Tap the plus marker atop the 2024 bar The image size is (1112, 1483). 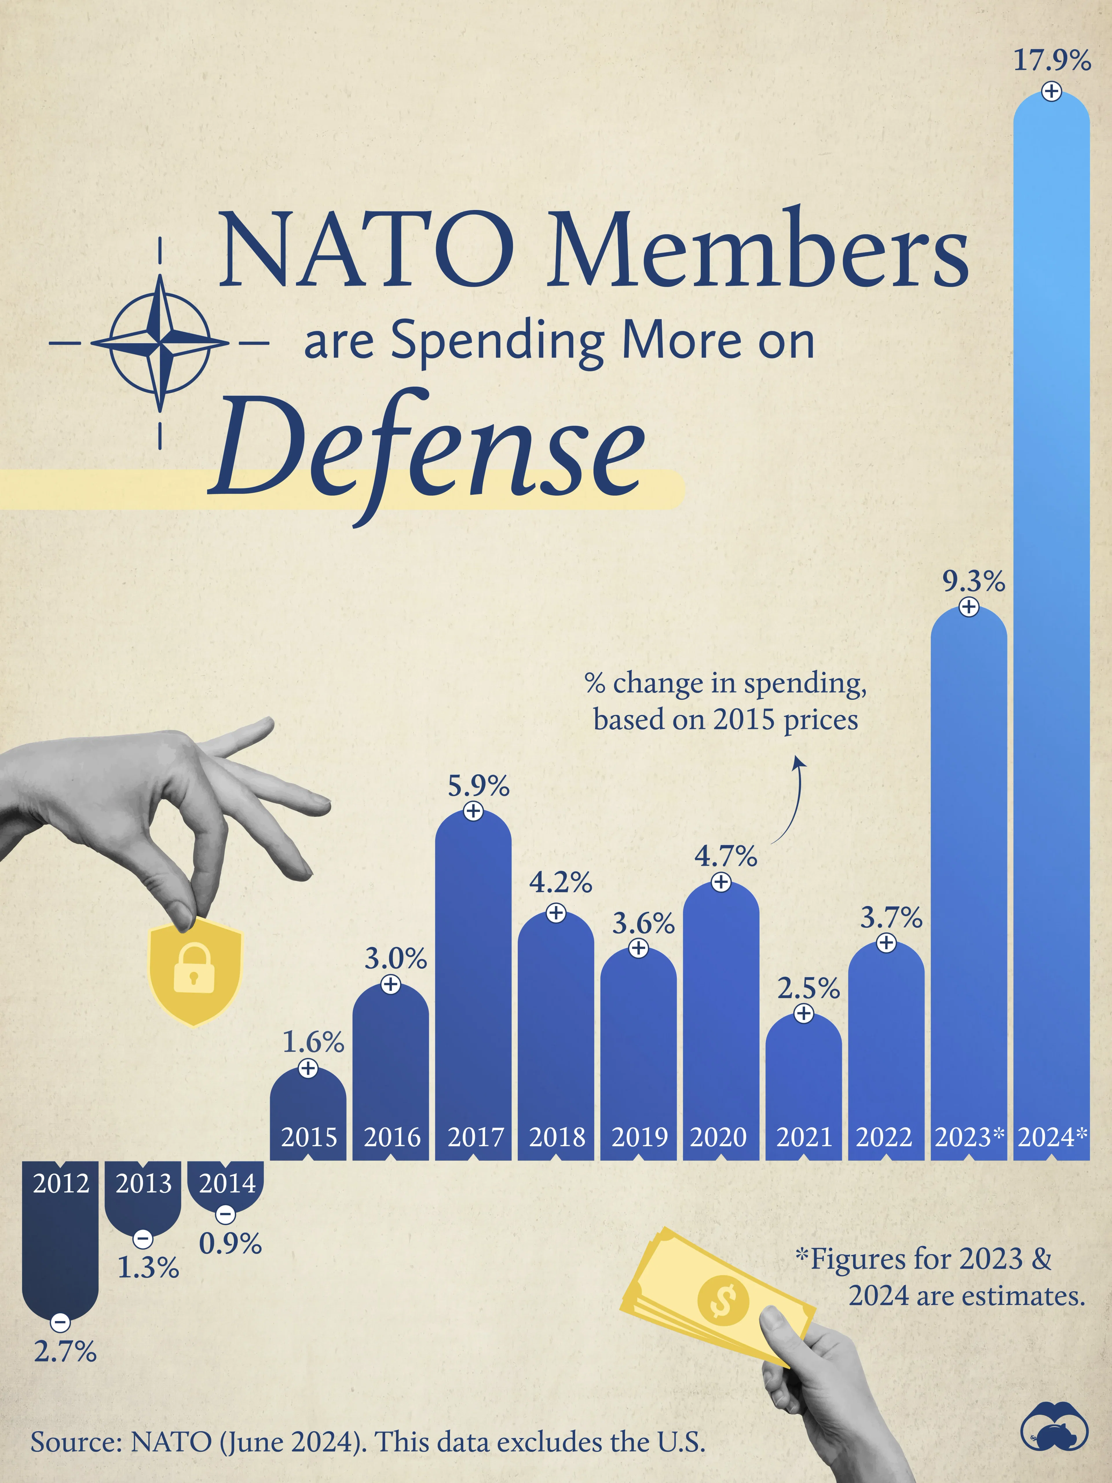(x=1051, y=92)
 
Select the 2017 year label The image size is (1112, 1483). (x=475, y=1137)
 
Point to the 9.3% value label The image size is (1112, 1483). (x=973, y=581)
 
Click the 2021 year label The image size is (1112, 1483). (x=804, y=1137)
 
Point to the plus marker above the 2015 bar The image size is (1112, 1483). (x=308, y=1068)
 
